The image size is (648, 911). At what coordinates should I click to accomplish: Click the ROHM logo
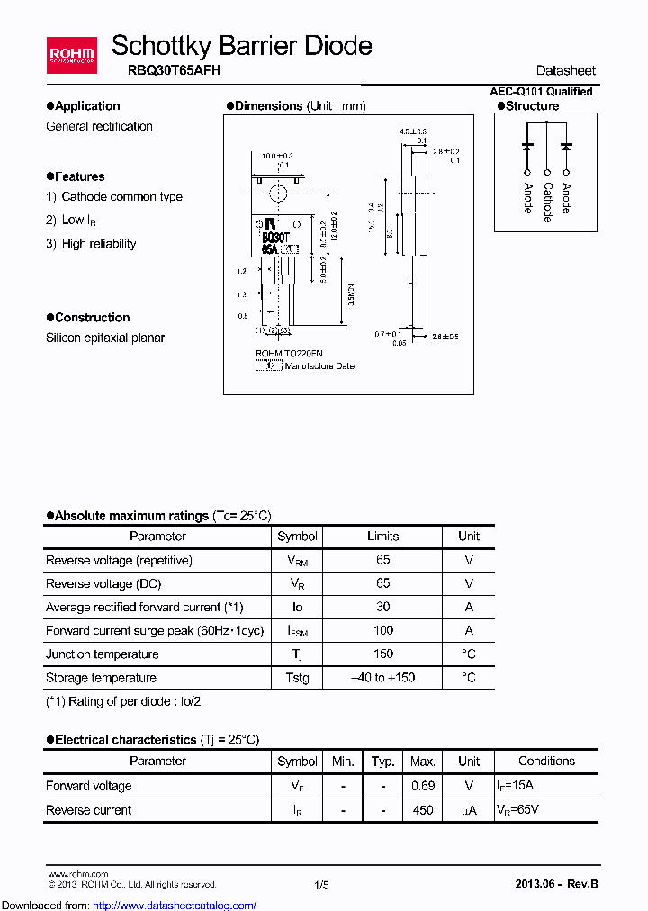[72, 54]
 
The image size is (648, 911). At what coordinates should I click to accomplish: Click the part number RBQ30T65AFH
[166, 70]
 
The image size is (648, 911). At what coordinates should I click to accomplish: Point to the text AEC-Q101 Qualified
[540, 91]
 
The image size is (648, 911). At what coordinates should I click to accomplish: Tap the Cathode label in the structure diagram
[547, 201]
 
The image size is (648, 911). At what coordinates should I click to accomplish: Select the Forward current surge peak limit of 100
[382, 631]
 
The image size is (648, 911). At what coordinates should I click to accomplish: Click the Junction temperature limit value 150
[382, 654]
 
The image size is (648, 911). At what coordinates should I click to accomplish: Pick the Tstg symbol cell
[297, 678]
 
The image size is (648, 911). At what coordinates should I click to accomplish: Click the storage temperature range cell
[382, 678]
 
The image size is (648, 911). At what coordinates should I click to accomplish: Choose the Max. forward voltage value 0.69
[423, 786]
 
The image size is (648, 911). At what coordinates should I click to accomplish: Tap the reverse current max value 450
[423, 810]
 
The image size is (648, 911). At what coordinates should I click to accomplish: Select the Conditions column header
[546, 762]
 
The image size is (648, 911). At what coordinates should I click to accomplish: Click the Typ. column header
[383, 762]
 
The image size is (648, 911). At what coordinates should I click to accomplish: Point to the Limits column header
[382, 537]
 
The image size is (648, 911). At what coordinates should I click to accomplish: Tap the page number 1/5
[322, 885]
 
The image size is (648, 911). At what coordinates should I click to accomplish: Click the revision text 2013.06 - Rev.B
[556, 885]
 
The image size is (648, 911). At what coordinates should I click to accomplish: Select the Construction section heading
[92, 318]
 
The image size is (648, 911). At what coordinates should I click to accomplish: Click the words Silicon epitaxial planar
[105, 338]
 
